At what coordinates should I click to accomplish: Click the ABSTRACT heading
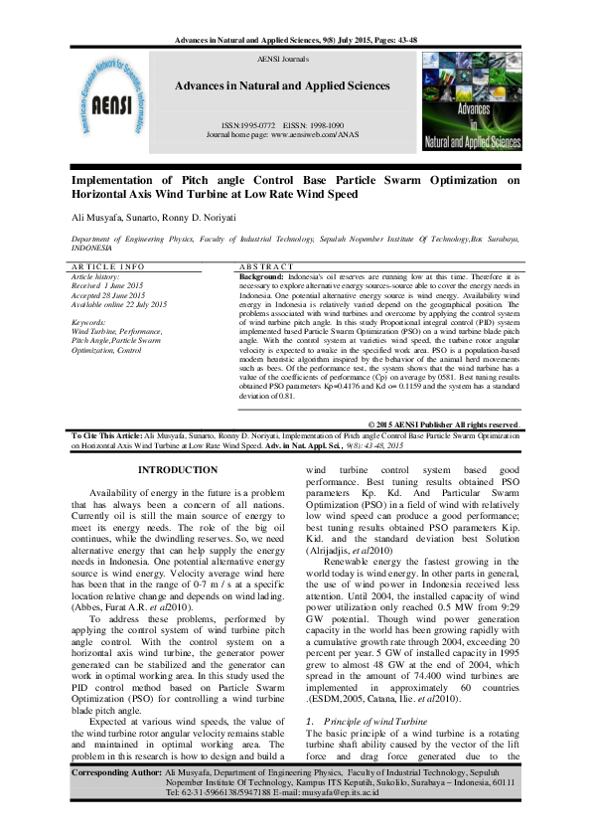pos(266,267)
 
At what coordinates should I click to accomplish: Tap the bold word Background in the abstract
pos(261,275)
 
